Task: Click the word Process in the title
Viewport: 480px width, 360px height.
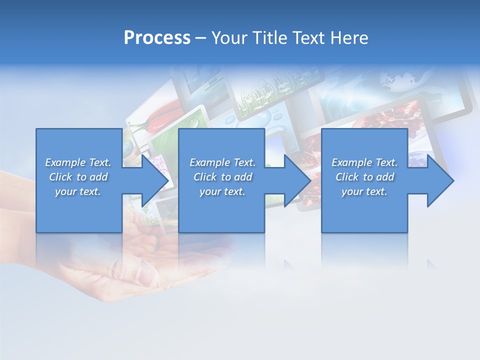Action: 157,38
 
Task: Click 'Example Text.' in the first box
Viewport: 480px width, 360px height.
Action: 78,162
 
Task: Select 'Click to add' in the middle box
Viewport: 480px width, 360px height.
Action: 222,177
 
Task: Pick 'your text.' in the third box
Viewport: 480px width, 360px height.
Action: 364,191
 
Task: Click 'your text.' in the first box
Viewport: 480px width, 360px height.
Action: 78,191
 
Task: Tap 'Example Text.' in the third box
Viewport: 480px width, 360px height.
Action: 364,162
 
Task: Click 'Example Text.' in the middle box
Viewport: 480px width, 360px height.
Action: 222,162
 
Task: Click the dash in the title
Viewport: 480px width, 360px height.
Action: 200,38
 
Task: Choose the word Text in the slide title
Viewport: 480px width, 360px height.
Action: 307,38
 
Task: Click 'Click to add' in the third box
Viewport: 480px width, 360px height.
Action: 364,177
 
